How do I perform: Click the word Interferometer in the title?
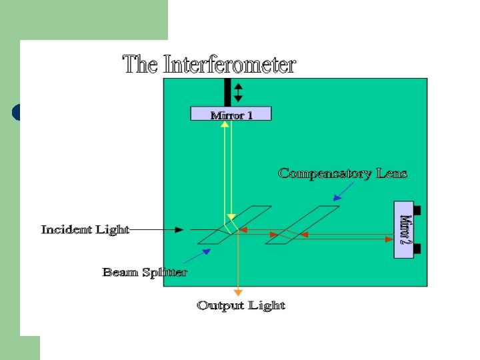pos(229,65)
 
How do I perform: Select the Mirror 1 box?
pos(231,114)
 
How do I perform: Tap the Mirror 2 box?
pos(404,229)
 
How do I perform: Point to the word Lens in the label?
pos(391,173)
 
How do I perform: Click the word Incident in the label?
pos(67,229)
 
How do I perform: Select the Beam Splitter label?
pos(145,272)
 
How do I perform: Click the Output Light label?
pos(241,305)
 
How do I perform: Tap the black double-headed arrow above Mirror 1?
pos(239,91)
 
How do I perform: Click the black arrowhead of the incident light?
pos(179,230)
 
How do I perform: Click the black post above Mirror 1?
pos(227,91)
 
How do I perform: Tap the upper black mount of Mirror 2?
pos(417,210)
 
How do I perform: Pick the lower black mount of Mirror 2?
pos(417,249)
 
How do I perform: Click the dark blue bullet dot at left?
pos(16,112)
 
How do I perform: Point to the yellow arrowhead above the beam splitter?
pos(231,216)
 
